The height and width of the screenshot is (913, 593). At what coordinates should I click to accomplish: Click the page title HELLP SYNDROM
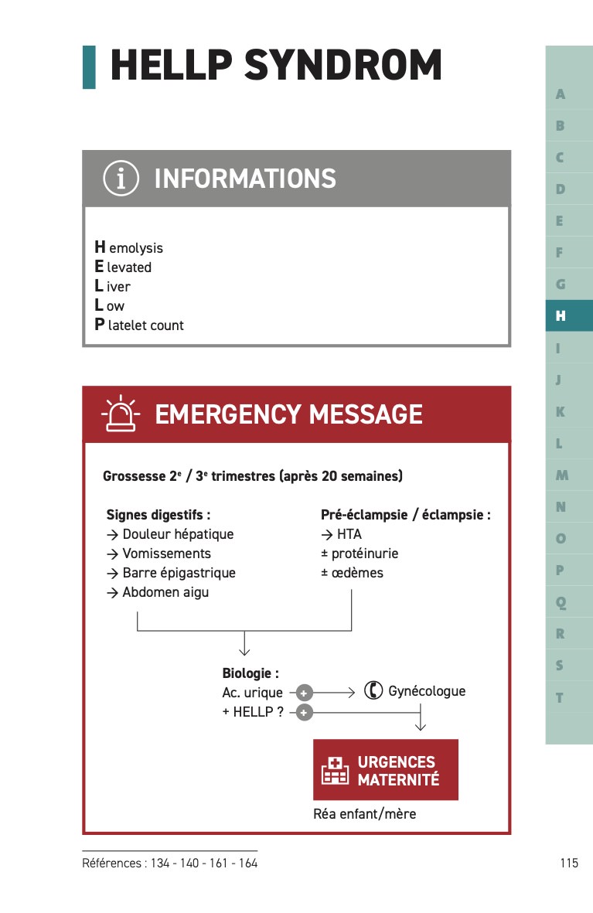(276, 66)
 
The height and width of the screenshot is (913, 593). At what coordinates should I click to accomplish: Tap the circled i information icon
(121, 179)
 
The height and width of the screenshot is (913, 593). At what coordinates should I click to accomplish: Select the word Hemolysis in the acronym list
(129, 247)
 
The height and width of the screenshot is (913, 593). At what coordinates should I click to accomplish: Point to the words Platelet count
(139, 325)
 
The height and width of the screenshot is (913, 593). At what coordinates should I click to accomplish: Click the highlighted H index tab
(561, 315)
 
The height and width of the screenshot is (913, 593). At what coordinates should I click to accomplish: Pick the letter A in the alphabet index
(561, 94)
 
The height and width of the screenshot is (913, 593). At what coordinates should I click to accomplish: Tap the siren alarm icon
(120, 414)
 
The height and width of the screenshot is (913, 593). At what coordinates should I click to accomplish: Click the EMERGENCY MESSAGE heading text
(288, 414)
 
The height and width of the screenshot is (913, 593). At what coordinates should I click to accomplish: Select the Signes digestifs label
(158, 514)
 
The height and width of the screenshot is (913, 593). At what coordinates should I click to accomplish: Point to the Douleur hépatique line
(170, 534)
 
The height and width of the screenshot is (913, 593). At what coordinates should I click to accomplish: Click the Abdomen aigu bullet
(158, 592)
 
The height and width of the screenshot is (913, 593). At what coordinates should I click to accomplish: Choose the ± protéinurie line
(360, 554)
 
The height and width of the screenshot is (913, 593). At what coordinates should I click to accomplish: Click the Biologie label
(250, 673)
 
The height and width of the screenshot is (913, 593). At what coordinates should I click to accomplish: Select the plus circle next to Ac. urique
(305, 693)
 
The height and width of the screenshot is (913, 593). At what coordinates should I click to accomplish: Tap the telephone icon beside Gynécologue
(373, 690)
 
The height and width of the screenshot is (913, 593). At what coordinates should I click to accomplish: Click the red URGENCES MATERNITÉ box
(385, 770)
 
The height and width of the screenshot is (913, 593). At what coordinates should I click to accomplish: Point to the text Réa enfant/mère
(364, 813)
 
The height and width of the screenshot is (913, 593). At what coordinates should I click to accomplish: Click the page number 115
(569, 863)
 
